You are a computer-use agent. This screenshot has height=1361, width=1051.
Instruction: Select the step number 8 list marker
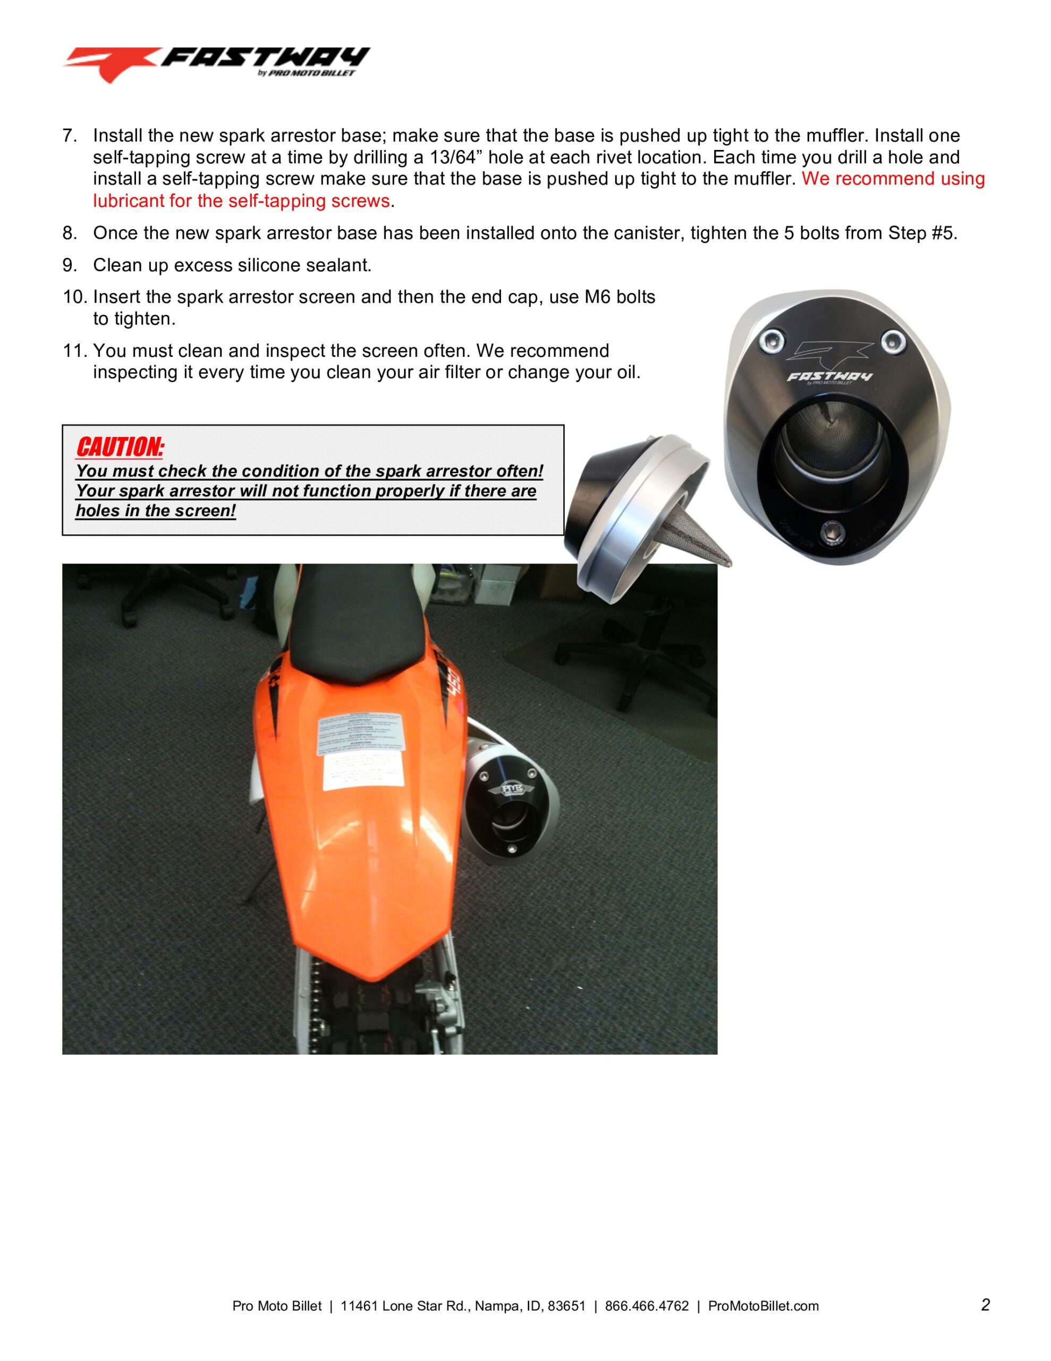pyautogui.click(x=69, y=233)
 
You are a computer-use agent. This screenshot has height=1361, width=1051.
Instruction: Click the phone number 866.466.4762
pyautogui.click(x=646, y=1306)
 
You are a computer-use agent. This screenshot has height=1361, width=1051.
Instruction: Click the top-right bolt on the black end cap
pyautogui.click(x=894, y=340)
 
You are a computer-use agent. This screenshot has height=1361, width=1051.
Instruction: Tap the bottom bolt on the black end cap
pyautogui.click(x=832, y=532)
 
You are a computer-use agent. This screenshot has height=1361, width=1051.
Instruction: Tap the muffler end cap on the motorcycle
pyautogui.click(x=510, y=813)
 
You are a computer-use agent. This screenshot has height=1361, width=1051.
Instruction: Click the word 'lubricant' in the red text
pyautogui.click(x=129, y=200)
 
